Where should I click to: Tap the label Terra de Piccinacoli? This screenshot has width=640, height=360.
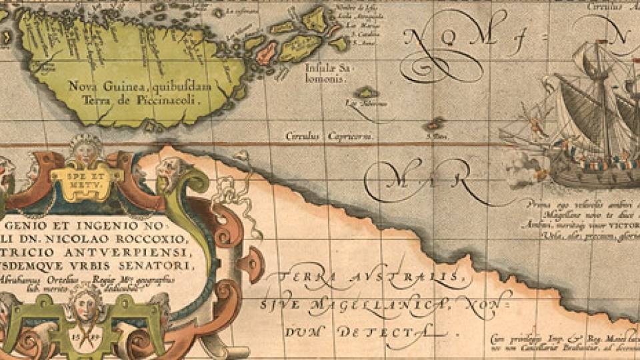(x=141, y=100)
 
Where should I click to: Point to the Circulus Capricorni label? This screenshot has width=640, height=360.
(x=329, y=136)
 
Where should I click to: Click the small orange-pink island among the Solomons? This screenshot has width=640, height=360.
(x=267, y=51)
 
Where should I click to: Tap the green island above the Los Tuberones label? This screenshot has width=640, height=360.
(x=365, y=92)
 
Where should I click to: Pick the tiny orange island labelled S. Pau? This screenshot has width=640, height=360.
(x=435, y=123)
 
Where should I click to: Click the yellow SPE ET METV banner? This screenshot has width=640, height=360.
(x=86, y=176)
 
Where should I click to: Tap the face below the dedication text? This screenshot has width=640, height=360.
(x=85, y=303)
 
